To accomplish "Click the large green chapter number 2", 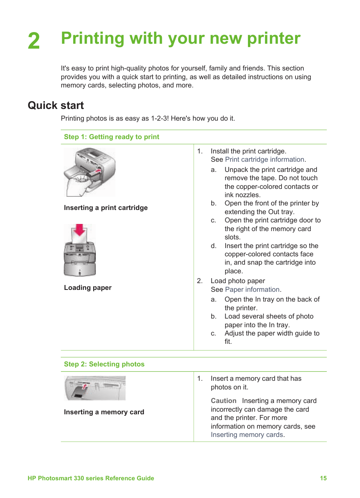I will click(34, 41).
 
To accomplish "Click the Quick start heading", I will click(56, 106).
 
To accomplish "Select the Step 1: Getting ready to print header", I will click(111, 137).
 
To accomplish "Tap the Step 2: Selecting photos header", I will click(104, 364).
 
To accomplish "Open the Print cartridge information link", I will click(265, 159).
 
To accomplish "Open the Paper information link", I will click(252, 290).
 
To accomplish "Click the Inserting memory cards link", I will click(247, 435).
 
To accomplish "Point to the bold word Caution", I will click(223, 401).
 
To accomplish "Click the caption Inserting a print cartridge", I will click(106, 208).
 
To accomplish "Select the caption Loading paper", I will click(88, 288).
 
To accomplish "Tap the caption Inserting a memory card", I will click(104, 412).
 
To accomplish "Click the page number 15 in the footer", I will click(323, 478).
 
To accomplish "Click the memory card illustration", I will click(95, 388).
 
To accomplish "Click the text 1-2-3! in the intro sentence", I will click(160, 118).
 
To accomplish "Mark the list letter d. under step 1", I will click(214, 246).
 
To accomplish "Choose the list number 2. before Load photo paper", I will click(200, 281).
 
